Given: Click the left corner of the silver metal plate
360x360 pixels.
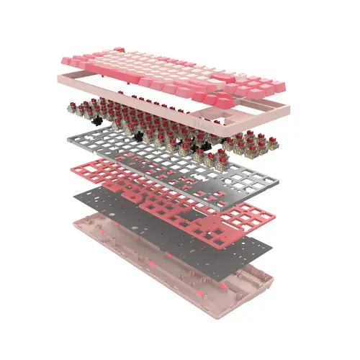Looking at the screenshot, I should click(x=68, y=136).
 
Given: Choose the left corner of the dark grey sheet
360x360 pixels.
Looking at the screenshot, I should click(x=70, y=194).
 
